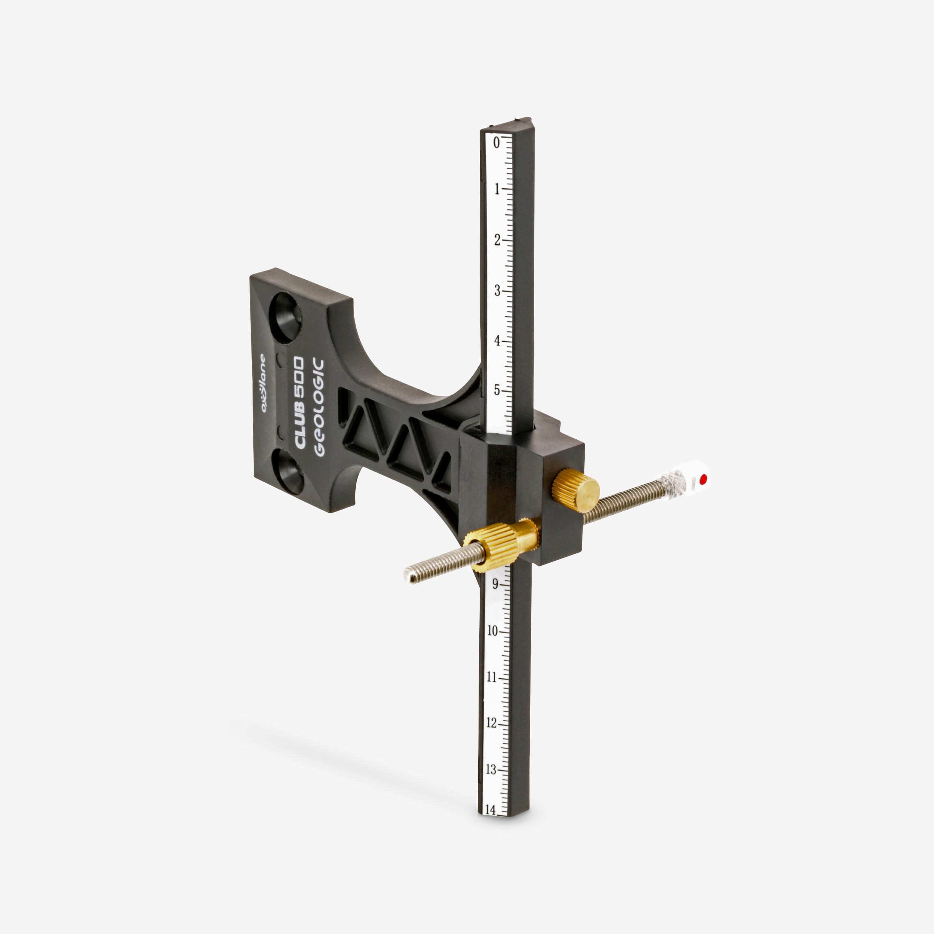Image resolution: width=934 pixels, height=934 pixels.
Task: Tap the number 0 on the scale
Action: click(x=496, y=143)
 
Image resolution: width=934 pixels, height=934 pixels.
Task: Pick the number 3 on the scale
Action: click(x=497, y=291)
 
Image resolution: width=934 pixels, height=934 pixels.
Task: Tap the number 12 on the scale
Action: click(x=491, y=723)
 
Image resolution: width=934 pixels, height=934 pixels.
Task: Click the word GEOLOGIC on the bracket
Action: click(x=319, y=407)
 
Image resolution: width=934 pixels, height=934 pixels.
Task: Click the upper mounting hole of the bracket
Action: click(x=285, y=317)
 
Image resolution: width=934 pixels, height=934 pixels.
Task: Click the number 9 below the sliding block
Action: click(x=495, y=584)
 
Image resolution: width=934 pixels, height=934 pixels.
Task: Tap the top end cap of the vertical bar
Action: click(x=508, y=125)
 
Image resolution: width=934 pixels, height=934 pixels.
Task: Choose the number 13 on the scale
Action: click(x=491, y=768)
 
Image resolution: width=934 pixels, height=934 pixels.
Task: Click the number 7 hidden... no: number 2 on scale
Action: click(x=497, y=240)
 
